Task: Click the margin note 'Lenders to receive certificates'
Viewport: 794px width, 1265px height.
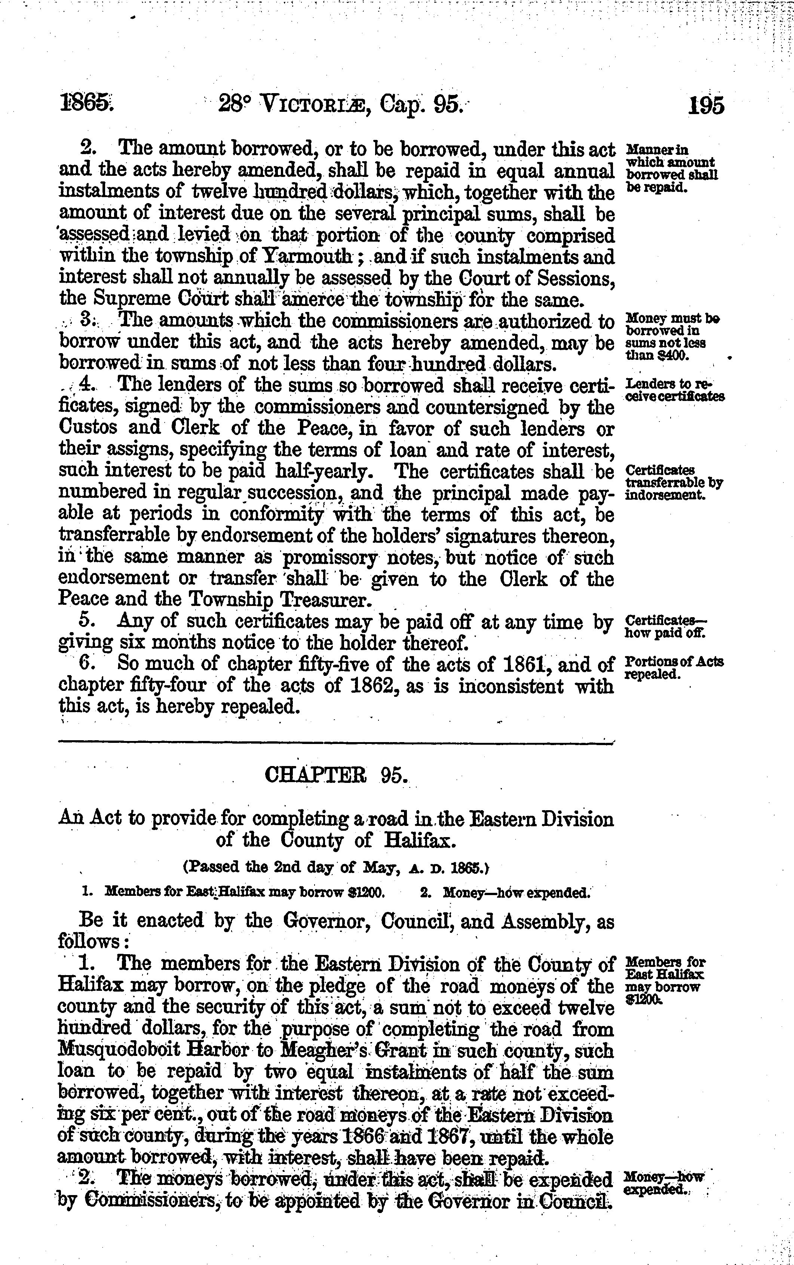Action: pos(674,390)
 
